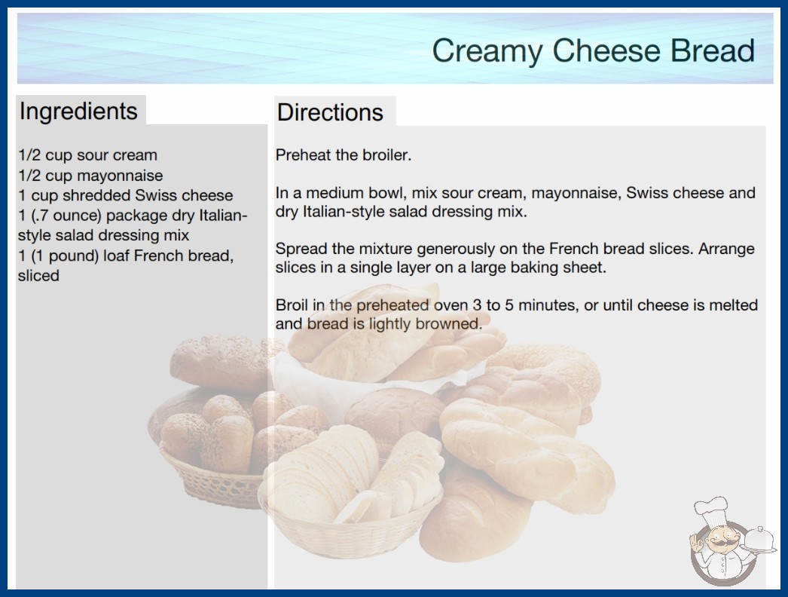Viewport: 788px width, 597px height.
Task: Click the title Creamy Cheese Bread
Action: click(x=593, y=51)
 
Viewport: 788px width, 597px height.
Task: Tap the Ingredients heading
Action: click(x=78, y=112)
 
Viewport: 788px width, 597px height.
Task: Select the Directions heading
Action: click(x=330, y=112)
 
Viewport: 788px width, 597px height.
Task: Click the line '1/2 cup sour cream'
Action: click(x=88, y=155)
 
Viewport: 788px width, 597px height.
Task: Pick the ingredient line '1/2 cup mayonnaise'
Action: click(x=90, y=176)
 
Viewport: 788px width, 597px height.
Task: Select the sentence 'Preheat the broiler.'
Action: click(x=344, y=155)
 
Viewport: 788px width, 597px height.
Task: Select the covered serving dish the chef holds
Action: click(x=759, y=540)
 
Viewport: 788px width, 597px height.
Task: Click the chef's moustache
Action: click(x=719, y=542)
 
